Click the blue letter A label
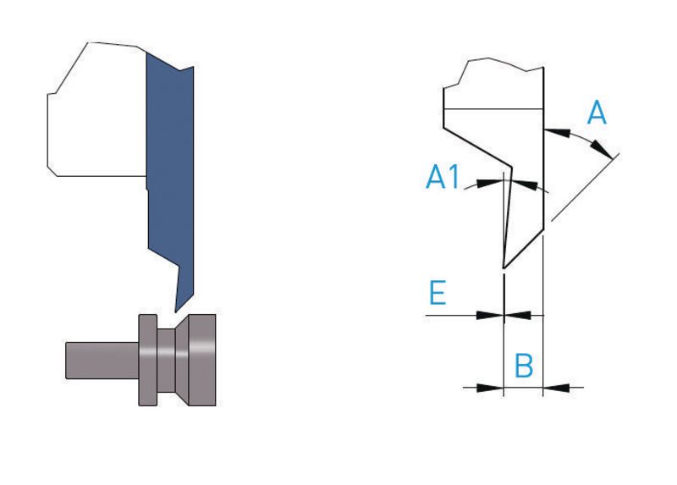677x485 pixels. point(597,113)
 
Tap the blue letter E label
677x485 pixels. point(438,292)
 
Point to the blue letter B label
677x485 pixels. point(524,366)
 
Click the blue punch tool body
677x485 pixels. point(171,173)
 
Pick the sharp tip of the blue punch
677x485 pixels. point(175,312)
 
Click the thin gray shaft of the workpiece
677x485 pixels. point(102,361)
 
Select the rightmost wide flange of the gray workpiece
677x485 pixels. point(202,360)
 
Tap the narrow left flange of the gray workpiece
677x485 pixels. point(147,360)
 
